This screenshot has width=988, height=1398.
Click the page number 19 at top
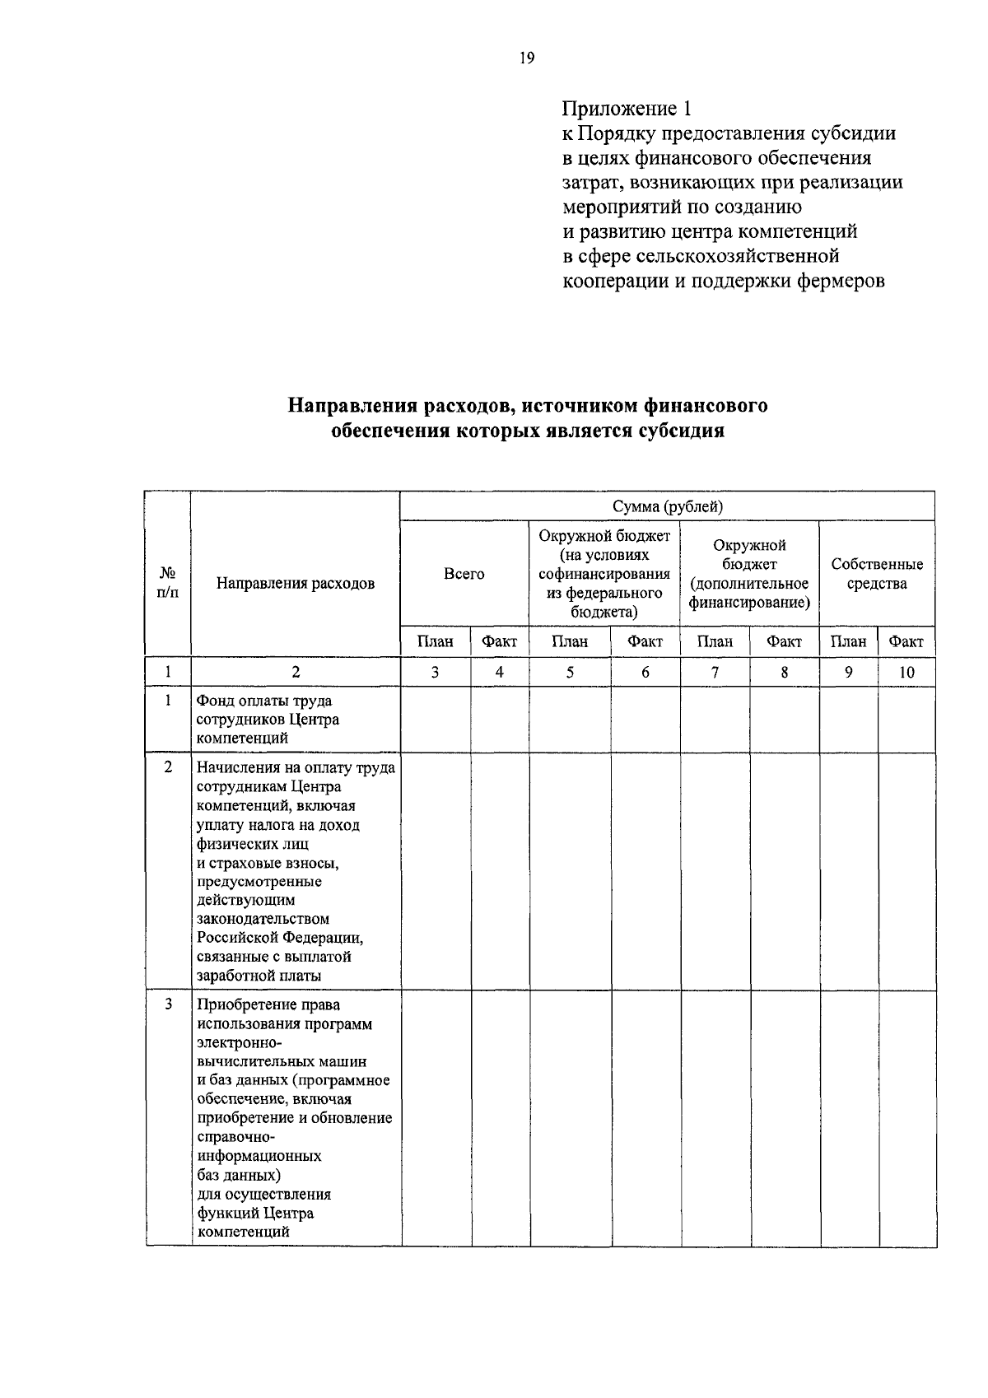point(527,58)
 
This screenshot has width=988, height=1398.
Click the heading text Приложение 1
point(627,109)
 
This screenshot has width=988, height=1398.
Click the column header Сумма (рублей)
point(667,506)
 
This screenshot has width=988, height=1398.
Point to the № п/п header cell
point(167,583)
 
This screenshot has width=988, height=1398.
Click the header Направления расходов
point(296,584)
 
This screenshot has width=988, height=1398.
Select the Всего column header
point(464,574)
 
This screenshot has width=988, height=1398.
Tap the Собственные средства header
point(877,574)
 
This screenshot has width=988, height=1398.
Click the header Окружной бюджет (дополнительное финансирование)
point(749,574)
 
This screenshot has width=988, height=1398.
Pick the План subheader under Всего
point(435,641)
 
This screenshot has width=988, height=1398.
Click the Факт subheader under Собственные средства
point(906,641)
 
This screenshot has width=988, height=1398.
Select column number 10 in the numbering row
point(906,673)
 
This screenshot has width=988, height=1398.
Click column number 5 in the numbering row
point(570,673)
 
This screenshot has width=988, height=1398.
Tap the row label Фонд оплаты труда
point(263,701)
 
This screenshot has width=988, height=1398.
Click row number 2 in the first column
point(168,767)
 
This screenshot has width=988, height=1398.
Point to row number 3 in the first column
point(168,1004)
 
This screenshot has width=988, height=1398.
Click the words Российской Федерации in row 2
point(280,938)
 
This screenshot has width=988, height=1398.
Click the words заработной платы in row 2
point(259,976)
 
